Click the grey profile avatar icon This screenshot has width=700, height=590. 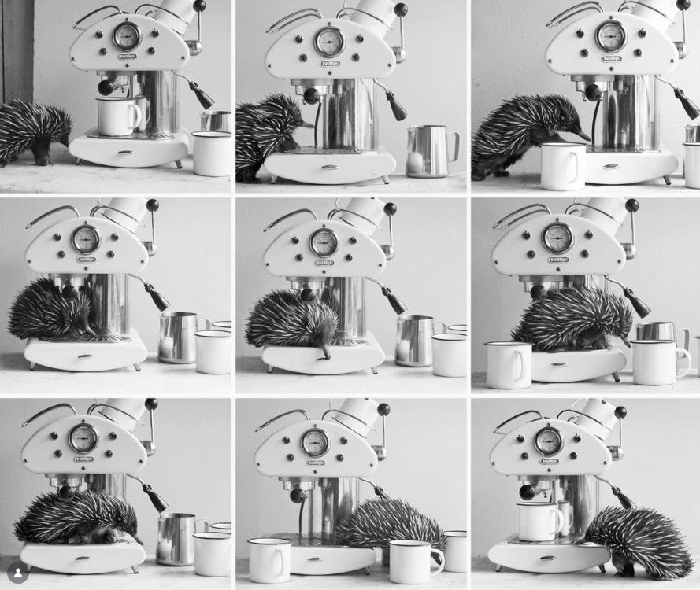tap(18, 573)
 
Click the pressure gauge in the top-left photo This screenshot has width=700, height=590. tap(126, 35)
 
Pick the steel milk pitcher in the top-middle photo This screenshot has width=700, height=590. tap(429, 151)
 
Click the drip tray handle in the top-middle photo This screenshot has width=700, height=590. tap(330, 167)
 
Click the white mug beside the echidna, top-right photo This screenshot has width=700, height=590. tap(562, 165)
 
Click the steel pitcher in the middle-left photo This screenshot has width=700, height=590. tap(176, 337)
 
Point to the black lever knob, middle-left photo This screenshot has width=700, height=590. tap(152, 205)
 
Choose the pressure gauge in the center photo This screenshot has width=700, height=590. tap(324, 242)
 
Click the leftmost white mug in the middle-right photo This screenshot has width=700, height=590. tap(507, 364)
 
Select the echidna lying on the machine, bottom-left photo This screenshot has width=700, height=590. tap(75, 516)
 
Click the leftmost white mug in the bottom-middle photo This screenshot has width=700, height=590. tap(269, 559)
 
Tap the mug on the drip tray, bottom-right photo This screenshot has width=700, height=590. tap(539, 522)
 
